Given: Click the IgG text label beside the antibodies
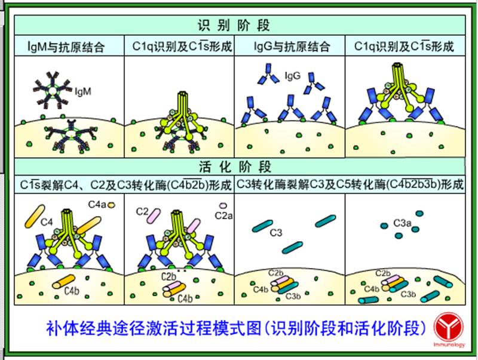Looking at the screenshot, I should [293, 76].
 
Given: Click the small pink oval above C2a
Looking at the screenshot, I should [223, 207].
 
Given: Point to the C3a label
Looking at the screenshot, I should [402, 223].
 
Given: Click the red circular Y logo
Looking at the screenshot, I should [444, 326].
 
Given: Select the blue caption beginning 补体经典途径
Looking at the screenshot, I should [238, 328].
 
